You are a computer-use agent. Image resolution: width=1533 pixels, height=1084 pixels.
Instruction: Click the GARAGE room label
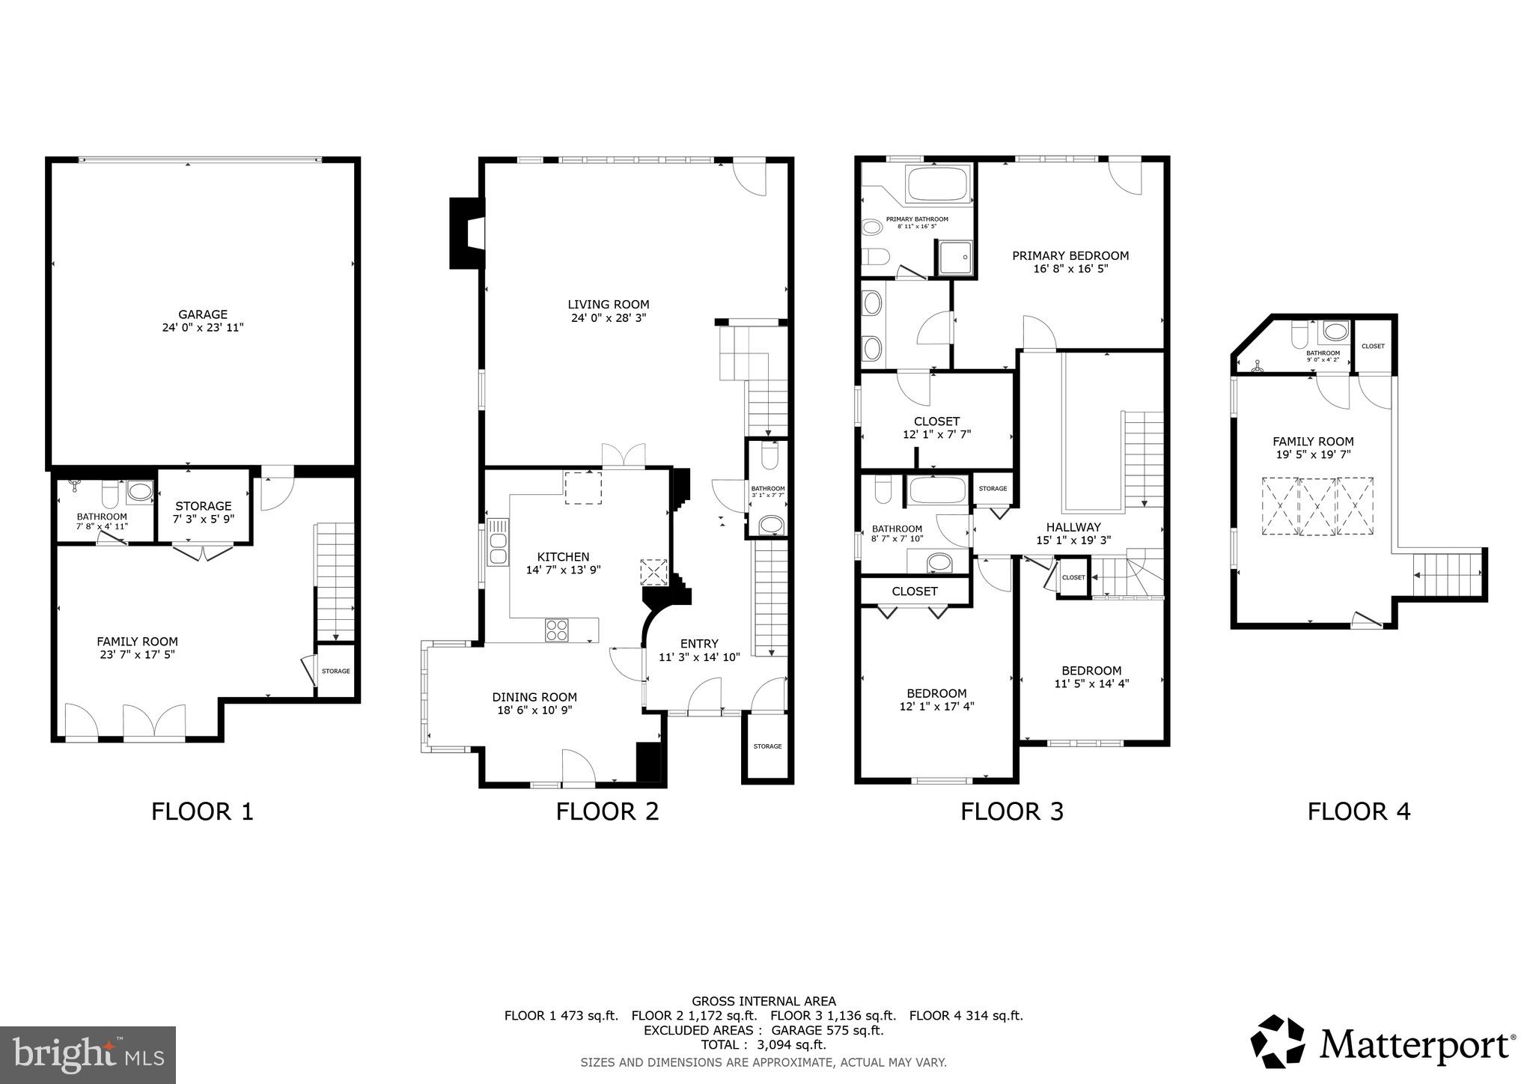coord(203,314)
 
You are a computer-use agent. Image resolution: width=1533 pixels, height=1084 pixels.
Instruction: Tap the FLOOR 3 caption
coord(1012,812)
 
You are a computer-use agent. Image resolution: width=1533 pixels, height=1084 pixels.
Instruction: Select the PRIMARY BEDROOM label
coord(1070,255)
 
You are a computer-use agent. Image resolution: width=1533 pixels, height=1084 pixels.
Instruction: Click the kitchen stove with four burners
coord(556,630)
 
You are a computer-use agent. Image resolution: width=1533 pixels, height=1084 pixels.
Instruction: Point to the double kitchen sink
coord(497,541)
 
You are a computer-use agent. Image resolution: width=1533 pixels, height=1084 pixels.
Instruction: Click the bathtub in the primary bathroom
coord(937,184)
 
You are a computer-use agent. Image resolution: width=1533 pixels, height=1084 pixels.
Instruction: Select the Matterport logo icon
coord(1278,1042)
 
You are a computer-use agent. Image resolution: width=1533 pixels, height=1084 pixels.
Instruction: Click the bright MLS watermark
coord(88,1056)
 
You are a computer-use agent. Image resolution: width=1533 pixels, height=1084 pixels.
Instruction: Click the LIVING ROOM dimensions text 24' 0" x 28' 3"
coord(608,317)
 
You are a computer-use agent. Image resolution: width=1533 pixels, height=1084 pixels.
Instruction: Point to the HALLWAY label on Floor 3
coord(1073,527)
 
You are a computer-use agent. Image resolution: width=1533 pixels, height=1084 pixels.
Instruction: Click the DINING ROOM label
coord(534,697)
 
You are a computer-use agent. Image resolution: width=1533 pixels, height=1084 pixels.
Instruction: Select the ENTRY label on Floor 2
coord(699,644)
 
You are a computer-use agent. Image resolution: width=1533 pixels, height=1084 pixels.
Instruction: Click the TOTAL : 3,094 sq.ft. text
coord(764,1045)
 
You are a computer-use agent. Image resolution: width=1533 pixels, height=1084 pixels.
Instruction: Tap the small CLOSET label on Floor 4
coord(1373,347)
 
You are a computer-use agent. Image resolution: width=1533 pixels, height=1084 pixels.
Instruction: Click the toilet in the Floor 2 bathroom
coord(769,456)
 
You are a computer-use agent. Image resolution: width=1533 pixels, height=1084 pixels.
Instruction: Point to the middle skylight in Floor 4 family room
coord(1317,507)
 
